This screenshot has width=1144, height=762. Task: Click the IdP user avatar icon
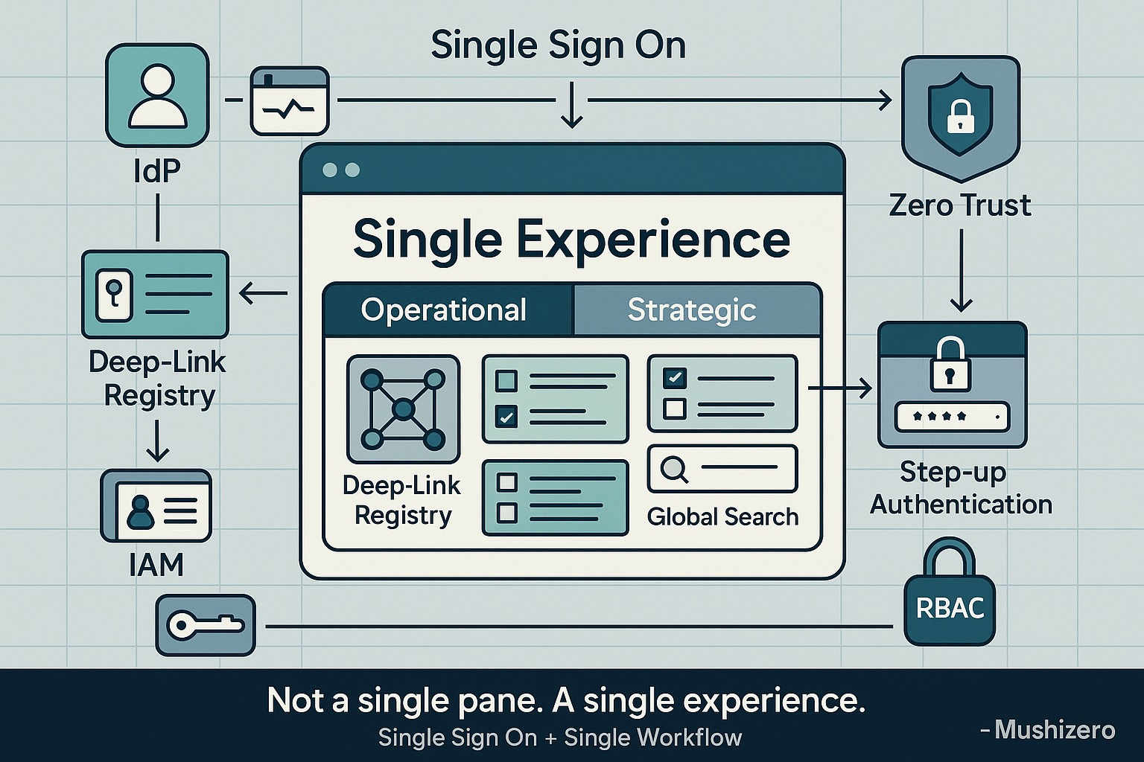pyautogui.click(x=157, y=95)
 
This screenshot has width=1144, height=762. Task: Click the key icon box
pyautogui.click(x=205, y=625)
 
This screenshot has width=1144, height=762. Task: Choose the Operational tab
pyautogui.click(x=444, y=310)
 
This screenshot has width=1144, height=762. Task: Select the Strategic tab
pyautogui.click(x=692, y=310)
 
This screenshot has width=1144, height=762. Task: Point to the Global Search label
pyautogui.click(x=722, y=516)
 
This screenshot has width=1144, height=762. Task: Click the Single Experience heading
pyautogui.click(x=571, y=240)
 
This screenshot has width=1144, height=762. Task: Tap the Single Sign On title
pyautogui.click(x=558, y=46)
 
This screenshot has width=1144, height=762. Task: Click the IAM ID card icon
pyautogui.click(x=156, y=506)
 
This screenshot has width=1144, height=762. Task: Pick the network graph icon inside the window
pyautogui.click(x=403, y=409)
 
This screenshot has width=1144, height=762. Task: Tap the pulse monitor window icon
pyautogui.click(x=290, y=101)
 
